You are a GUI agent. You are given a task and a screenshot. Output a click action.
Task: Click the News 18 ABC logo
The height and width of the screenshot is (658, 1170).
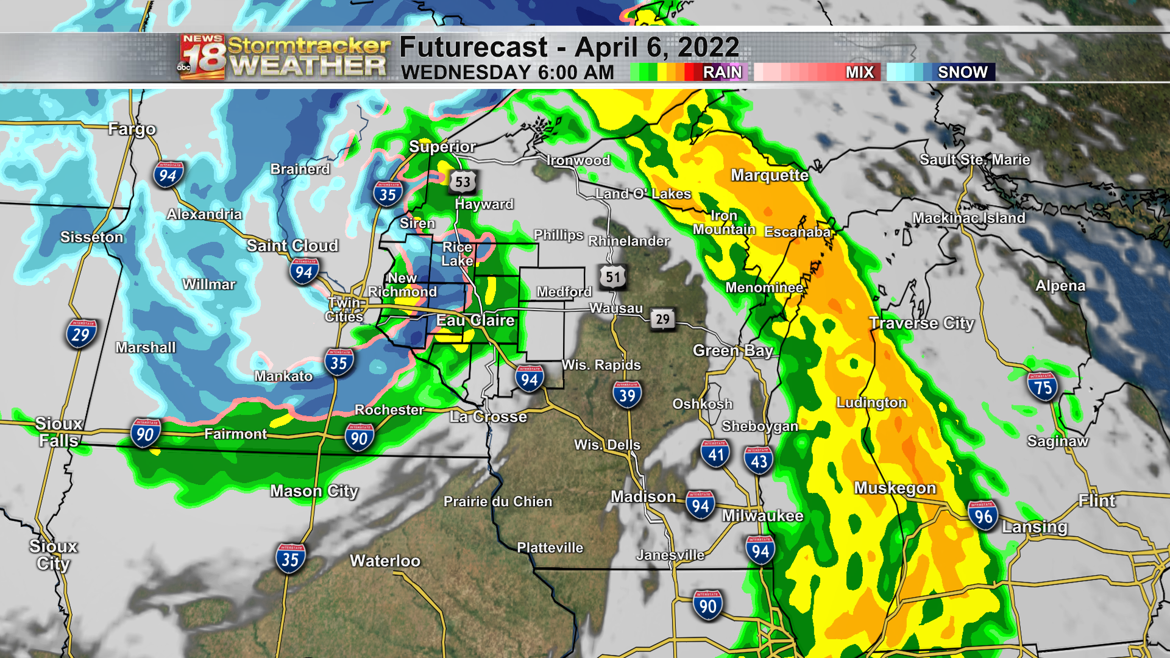point(203,57)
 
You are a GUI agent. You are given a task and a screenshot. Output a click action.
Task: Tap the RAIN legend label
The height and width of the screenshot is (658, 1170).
point(722,73)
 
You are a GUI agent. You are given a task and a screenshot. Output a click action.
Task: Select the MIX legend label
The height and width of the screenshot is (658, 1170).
point(859,73)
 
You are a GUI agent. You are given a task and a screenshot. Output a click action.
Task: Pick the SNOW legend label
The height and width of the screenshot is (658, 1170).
point(962,73)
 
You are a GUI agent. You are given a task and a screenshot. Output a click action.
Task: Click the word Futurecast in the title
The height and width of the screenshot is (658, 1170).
point(473,48)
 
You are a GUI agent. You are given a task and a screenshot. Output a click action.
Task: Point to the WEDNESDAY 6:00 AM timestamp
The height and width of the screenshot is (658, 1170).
point(507,73)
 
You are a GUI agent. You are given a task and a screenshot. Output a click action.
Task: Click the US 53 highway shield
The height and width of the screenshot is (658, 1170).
point(463,182)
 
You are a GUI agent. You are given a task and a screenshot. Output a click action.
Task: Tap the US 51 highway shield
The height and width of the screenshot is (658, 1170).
point(612,277)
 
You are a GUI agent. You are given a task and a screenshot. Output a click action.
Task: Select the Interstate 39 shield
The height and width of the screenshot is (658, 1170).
point(627,395)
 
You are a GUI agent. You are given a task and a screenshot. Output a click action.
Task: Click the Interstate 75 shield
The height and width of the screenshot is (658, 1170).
point(1043,387)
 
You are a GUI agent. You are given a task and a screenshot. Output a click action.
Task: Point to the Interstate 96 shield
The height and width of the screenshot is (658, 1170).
point(983,516)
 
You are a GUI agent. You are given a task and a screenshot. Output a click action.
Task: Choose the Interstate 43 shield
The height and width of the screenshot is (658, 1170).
point(759,461)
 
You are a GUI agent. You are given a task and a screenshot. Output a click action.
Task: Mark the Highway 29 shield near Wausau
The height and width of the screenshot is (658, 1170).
point(662,319)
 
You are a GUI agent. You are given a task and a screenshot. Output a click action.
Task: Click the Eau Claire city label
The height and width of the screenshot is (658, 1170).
point(475,320)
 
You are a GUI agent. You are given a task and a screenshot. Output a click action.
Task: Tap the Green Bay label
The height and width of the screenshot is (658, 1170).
point(732,350)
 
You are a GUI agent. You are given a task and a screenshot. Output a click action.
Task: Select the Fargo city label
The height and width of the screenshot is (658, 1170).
point(132,129)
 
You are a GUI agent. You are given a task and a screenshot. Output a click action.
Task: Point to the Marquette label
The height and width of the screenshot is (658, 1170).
point(770,175)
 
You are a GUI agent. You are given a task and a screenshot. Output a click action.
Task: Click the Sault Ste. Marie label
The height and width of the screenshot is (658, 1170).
point(974,160)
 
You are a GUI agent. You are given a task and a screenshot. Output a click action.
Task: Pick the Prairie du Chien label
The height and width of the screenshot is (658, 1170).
point(498,501)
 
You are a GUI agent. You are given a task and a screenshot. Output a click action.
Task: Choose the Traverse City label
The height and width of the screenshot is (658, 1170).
point(921,323)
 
